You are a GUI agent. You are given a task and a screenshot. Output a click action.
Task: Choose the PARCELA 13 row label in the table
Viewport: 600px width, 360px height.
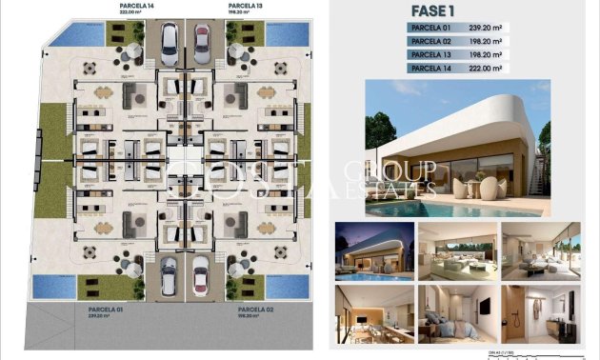pos(430,55)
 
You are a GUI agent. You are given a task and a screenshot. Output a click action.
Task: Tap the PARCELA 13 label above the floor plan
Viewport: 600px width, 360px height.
pos(245,6)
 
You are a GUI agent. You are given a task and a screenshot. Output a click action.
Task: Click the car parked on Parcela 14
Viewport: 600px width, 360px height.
pos(168,40)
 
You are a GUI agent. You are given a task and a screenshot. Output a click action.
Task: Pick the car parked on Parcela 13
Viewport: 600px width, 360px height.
pos(202,41)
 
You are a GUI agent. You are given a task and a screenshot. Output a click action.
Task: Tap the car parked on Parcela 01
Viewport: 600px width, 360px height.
pos(168,275)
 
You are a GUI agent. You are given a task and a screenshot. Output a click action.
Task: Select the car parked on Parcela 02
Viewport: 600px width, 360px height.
pos(202,276)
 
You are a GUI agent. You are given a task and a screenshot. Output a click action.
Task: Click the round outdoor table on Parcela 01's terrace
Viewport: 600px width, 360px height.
pos(91,251)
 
